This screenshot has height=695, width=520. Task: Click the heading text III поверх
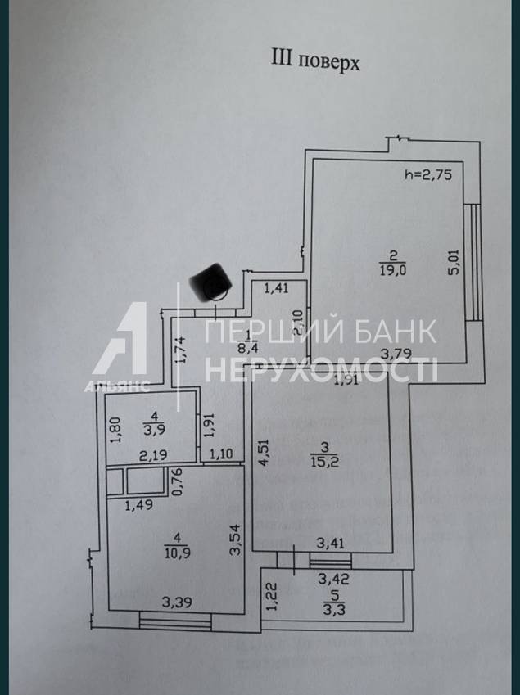[314, 61]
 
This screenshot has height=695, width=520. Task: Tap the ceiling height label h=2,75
[428, 174]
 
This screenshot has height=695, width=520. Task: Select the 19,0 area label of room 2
[389, 266]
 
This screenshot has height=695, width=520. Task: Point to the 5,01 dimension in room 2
[454, 264]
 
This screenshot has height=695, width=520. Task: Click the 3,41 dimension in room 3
[331, 541]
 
